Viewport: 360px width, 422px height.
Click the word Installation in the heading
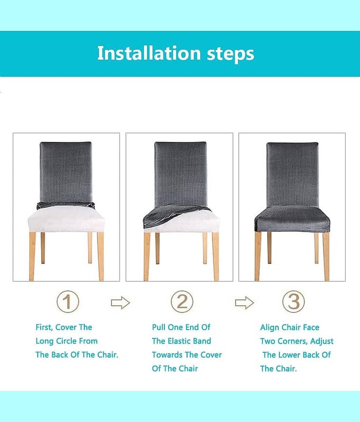coord(149,53)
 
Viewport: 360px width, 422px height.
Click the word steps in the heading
coord(230,54)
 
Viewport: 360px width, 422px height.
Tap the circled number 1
coord(68,301)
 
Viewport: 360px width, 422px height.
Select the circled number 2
coord(182,301)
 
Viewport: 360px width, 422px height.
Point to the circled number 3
coord(294,301)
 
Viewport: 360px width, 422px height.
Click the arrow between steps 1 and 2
coord(121,303)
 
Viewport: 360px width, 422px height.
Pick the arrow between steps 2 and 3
coord(245,303)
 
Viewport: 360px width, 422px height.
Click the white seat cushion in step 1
coord(66,219)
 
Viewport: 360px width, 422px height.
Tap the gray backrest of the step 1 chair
coord(66,172)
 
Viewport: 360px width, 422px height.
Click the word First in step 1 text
coord(44,327)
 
